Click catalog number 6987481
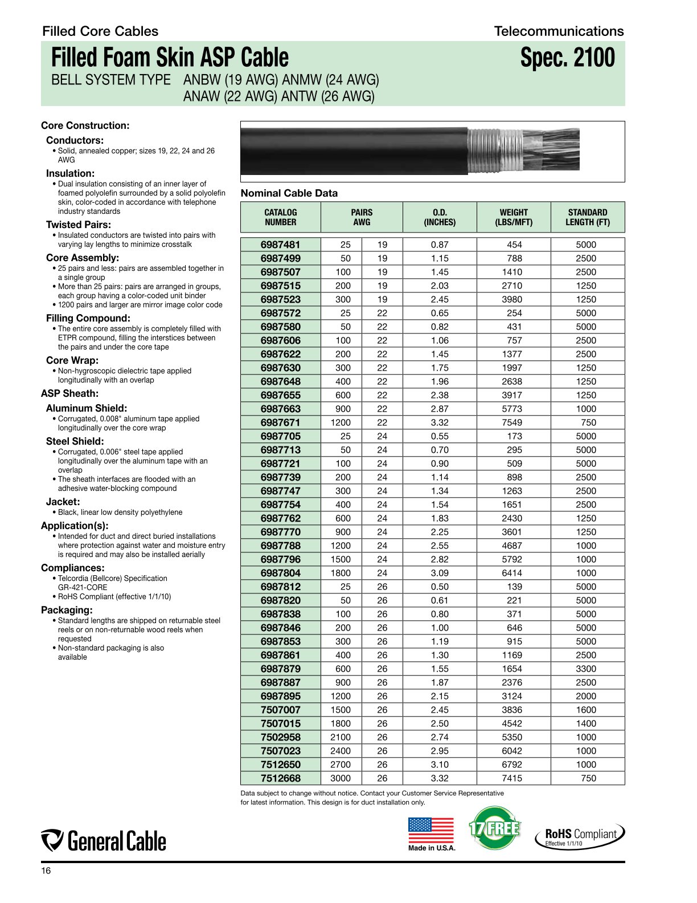(x=280, y=245)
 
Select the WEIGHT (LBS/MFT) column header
(x=514, y=217)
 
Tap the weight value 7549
(x=514, y=422)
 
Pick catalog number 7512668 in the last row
(x=280, y=778)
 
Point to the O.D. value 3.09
(x=440, y=573)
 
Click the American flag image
(x=431, y=830)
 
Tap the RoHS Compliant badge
(x=580, y=836)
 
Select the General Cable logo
(x=104, y=841)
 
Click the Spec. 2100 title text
(x=567, y=58)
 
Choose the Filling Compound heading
(x=88, y=318)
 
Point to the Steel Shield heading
(x=75, y=441)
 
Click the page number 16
(x=46, y=871)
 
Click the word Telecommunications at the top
(x=559, y=31)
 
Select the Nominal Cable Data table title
(x=289, y=193)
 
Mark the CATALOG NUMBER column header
(x=280, y=217)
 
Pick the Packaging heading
(x=67, y=610)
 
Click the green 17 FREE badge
(x=494, y=828)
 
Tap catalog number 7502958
(x=280, y=737)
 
